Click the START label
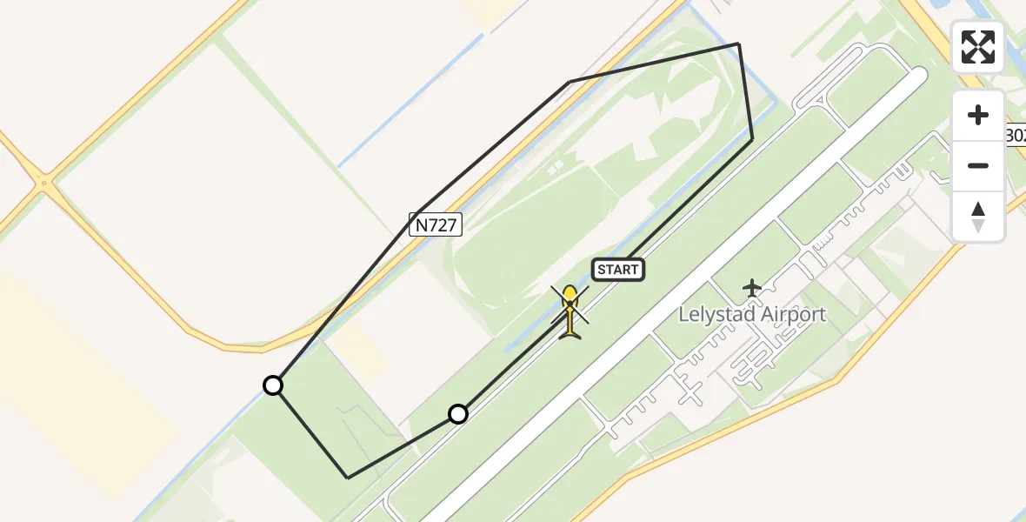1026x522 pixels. click(618, 270)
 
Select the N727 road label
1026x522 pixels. click(435, 225)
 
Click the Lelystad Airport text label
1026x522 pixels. click(752, 314)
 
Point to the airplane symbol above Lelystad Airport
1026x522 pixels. click(752, 287)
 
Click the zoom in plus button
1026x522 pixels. click(978, 116)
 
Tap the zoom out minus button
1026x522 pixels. click(978, 165)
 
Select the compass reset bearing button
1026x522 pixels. click(978, 216)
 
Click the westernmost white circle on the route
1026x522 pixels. click(273, 385)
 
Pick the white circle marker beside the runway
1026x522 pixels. click(458, 414)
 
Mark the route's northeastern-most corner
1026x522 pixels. click(738, 43)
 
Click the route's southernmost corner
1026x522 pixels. click(348, 478)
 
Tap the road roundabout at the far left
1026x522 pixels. click(42, 183)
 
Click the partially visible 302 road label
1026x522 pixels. click(1016, 136)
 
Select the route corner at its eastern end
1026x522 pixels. click(752, 138)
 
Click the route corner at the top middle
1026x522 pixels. click(570, 82)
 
